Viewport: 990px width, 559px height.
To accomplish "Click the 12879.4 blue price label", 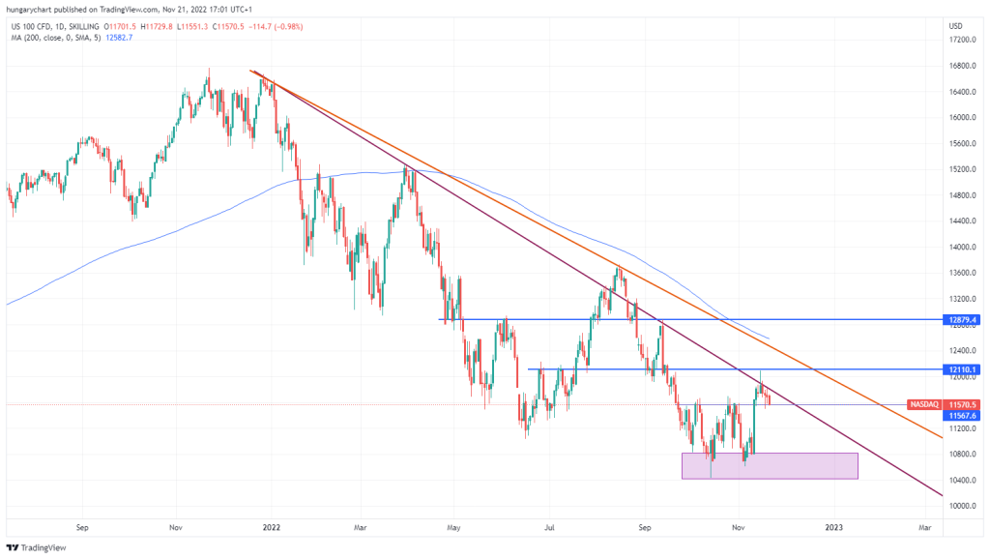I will click(962, 319).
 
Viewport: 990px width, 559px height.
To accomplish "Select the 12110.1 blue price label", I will click(962, 369).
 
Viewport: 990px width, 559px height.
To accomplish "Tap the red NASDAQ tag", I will click(924, 404).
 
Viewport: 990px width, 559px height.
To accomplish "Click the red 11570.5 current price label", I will click(962, 404).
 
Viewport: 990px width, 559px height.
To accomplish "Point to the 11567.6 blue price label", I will click(962, 415).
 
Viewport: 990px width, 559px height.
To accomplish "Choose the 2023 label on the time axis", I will click(833, 528).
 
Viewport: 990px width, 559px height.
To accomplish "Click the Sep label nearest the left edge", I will click(82, 528).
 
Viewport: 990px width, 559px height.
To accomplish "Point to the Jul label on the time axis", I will click(548, 528).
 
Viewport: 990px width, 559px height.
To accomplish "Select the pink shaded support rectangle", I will click(770, 465).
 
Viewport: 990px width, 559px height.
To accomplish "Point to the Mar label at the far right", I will click(924, 528).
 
